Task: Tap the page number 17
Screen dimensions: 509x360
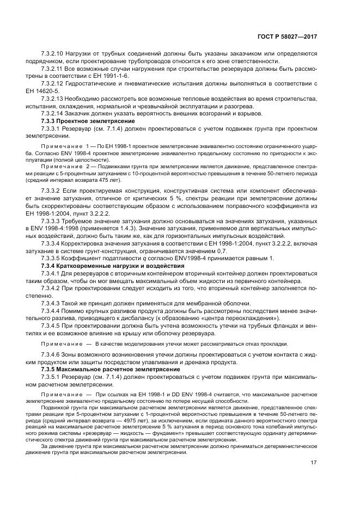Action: pyautogui.click(x=313, y=464)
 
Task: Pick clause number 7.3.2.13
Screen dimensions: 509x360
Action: pyautogui.click(x=53, y=98)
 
